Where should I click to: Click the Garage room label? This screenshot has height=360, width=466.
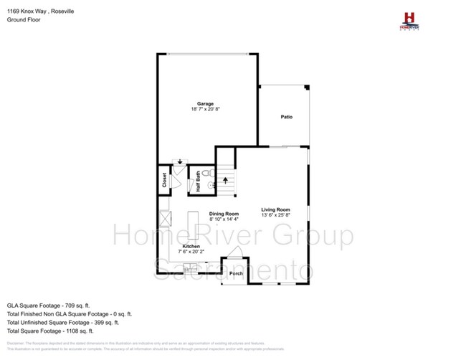tap(206, 103)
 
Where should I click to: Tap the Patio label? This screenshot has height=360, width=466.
tap(286, 117)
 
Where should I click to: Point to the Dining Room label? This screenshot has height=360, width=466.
tap(224, 214)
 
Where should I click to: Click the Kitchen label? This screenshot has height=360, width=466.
tap(191, 246)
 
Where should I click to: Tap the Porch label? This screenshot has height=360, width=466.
tap(235, 273)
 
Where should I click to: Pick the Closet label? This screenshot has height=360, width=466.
tap(164, 179)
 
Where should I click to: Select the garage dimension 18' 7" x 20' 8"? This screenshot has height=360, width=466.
tap(206, 109)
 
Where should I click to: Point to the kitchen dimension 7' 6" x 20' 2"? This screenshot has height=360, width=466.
tap(191, 252)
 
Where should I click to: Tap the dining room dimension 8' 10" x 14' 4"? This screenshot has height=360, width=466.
tap(224, 219)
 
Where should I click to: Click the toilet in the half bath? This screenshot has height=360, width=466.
tap(206, 174)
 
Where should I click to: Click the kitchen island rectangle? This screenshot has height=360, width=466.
tap(194, 225)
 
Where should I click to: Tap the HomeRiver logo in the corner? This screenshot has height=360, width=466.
tap(409, 20)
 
